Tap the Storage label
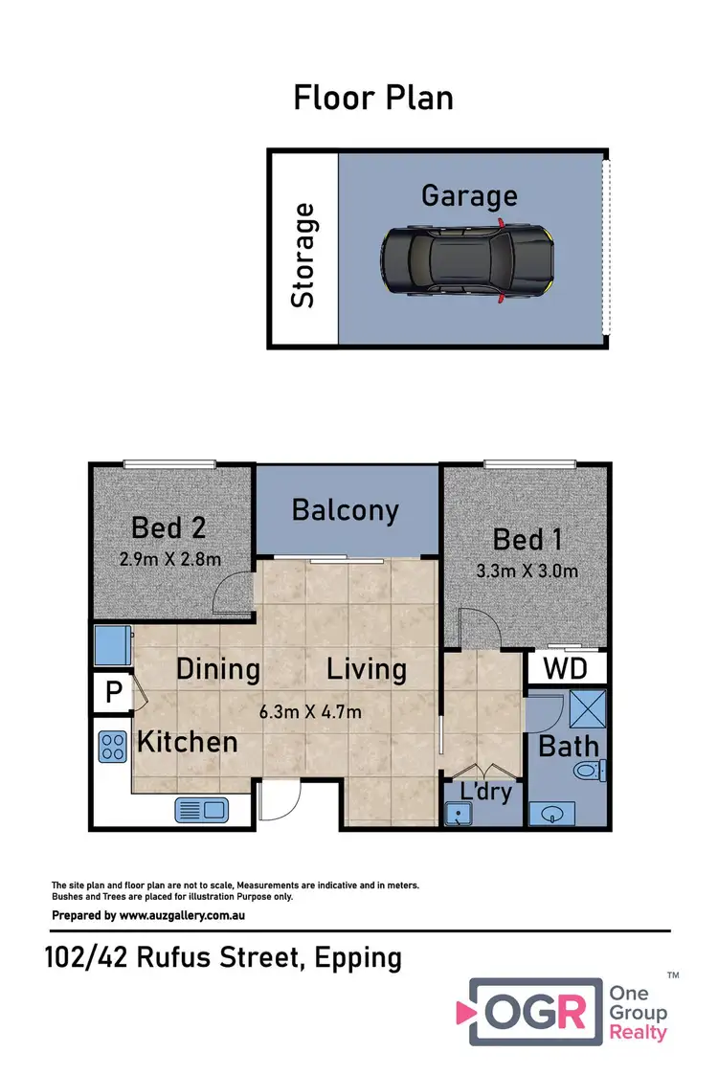point(303,255)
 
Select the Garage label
point(469,196)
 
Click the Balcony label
point(346,509)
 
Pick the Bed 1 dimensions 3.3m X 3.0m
point(526,571)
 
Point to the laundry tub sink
point(461,814)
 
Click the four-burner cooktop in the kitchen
point(112,746)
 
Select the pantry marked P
point(112,692)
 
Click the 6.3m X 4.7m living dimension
point(310,711)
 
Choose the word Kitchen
point(187,741)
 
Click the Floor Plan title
point(372,98)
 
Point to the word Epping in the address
point(356,957)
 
